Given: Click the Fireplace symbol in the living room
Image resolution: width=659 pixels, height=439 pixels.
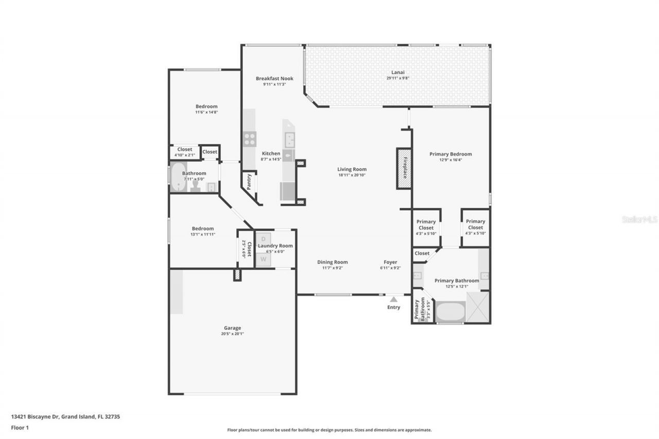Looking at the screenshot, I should pos(404,168).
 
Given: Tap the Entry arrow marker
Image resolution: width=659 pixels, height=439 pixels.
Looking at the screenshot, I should pos(393,299).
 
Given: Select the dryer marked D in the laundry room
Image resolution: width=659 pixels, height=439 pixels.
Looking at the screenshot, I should pos(264,238).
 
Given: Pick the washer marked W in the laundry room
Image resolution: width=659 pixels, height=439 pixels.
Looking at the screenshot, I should pos(264,259).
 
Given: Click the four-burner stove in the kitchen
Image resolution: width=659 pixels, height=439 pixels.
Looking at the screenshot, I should pos(250,139).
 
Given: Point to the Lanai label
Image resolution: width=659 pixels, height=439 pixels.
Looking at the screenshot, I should pos(395,72).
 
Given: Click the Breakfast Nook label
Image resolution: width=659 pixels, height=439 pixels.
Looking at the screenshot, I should pos(274,79).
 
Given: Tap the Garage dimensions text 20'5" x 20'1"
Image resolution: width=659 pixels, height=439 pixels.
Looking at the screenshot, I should pos(232,333).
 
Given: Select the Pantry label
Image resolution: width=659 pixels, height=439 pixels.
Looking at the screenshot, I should pos(249,182).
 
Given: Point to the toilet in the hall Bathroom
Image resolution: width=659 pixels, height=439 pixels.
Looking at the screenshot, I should pos(195,186).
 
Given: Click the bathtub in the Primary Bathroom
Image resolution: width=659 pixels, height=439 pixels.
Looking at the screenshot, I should pos(450,311).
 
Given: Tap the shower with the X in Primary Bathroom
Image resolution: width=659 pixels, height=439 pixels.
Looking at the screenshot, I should pos(478,307).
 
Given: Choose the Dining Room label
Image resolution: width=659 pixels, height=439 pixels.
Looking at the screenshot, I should pos(332,262).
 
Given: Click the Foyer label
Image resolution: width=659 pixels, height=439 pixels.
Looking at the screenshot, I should pos(390,262).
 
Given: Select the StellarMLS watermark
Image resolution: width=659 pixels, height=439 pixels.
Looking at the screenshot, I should pos(639,219).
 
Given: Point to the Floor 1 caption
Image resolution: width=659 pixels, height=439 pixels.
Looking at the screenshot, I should pos(20,428).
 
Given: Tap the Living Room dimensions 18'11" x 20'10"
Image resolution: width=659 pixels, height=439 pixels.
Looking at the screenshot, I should pos(352,175).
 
